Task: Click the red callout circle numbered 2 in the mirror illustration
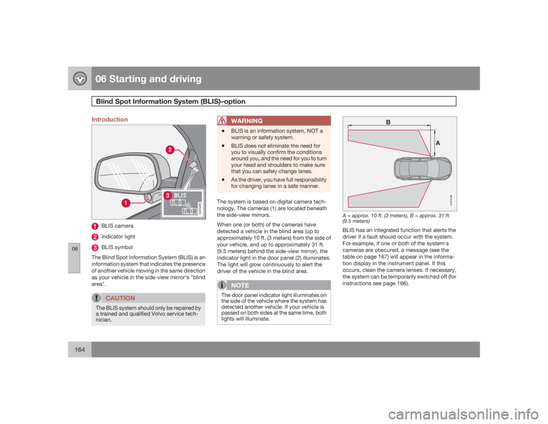(170, 150)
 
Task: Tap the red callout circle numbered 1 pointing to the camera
(123, 202)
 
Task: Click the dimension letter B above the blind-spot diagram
(388, 122)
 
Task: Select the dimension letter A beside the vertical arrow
(438, 145)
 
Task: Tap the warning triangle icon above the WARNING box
(223, 120)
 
